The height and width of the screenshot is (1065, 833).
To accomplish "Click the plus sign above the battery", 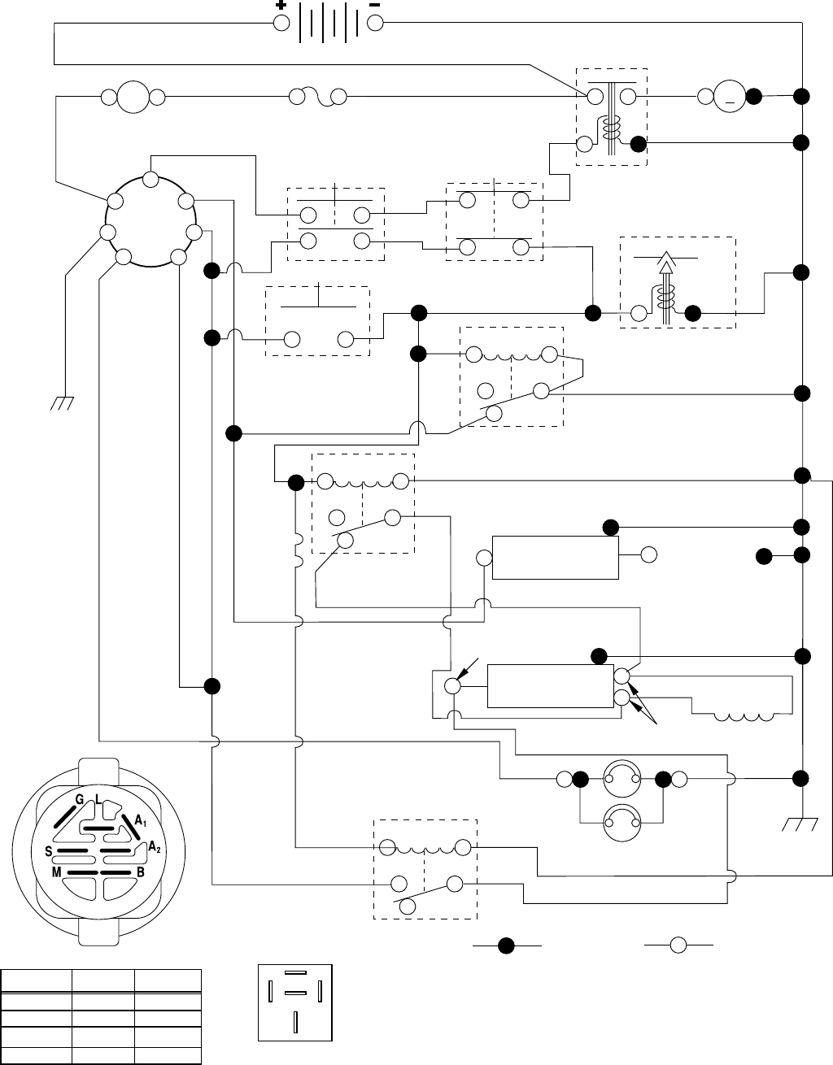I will tap(281, 5).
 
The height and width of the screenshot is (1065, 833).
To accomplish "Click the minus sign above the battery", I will tap(375, 5).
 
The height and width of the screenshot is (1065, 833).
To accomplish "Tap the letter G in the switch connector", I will tap(80, 800).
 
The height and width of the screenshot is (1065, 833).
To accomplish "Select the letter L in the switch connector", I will tap(98, 800).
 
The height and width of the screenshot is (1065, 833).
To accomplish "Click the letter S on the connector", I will tap(49, 852).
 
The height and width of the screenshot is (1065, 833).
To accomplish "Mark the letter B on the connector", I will tap(141, 872).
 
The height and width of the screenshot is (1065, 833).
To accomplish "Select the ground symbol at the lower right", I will tap(801, 825).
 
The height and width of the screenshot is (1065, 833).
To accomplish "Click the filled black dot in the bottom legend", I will tap(505, 945).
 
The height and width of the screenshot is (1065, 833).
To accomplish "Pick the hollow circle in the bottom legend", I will tap(678, 945).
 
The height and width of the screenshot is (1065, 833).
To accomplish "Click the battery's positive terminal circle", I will tap(281, 23).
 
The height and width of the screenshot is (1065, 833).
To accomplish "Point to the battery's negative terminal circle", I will tap(375, 23).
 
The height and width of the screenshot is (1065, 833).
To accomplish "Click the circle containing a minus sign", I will tap(730, 97).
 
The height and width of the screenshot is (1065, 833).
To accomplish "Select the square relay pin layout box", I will tap(294, 1002).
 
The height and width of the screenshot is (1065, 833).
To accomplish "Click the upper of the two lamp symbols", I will tap(621, 778).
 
